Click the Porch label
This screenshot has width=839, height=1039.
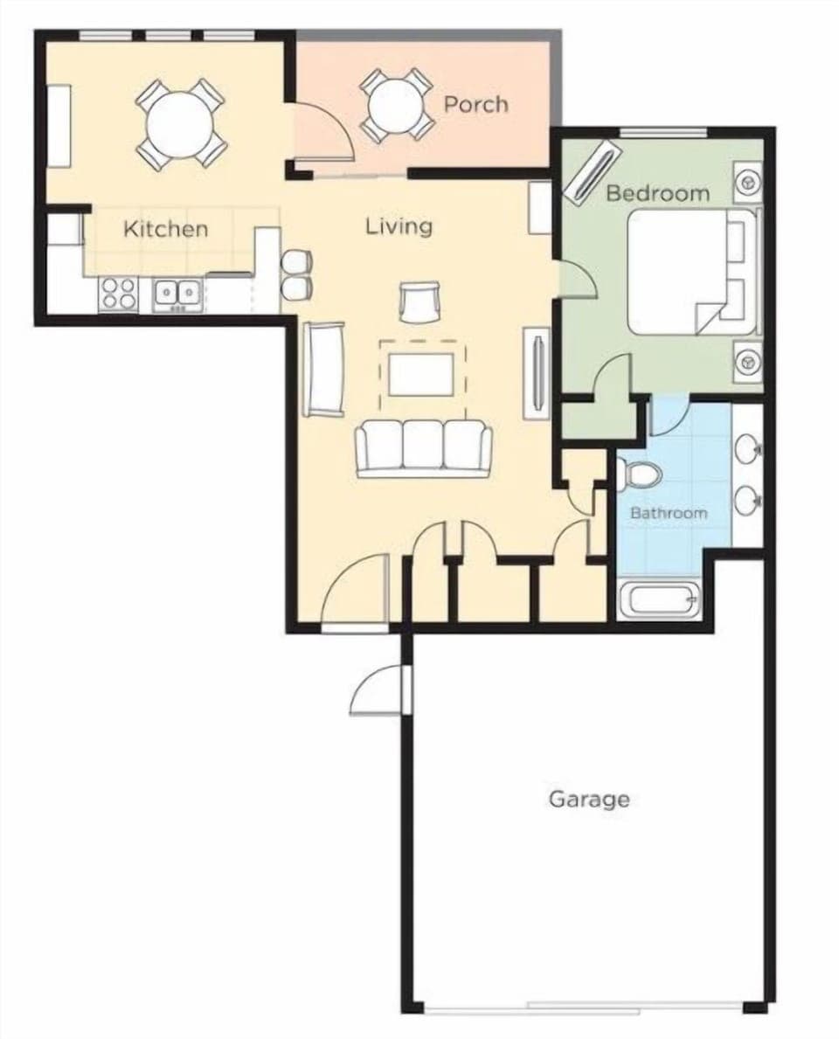pos(475,104)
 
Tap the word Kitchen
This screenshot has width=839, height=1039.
pos(166,229)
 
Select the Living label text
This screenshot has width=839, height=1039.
pos(399,226)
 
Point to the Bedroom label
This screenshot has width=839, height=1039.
pos(657,192)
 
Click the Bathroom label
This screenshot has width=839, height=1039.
pos(669,512)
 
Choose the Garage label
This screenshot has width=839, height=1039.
pos(589,798)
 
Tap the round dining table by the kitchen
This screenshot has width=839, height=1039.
pos(181,124)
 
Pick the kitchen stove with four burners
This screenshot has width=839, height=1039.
pos(119,294)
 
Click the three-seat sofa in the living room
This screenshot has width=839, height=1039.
pos(423,447)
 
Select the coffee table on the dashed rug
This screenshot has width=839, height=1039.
pos(422,375)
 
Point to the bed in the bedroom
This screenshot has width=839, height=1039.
pos(690,272)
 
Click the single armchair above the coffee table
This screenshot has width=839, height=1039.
pos(418,301)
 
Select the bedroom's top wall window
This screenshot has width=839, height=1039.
pos(662,133)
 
